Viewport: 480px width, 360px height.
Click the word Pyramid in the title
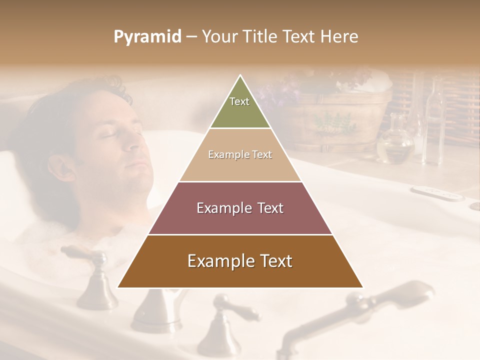(147, 37)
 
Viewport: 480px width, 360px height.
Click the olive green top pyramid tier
(240, 110)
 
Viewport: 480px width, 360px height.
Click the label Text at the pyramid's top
(239, 101)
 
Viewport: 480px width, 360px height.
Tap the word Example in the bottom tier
(219, 261)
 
